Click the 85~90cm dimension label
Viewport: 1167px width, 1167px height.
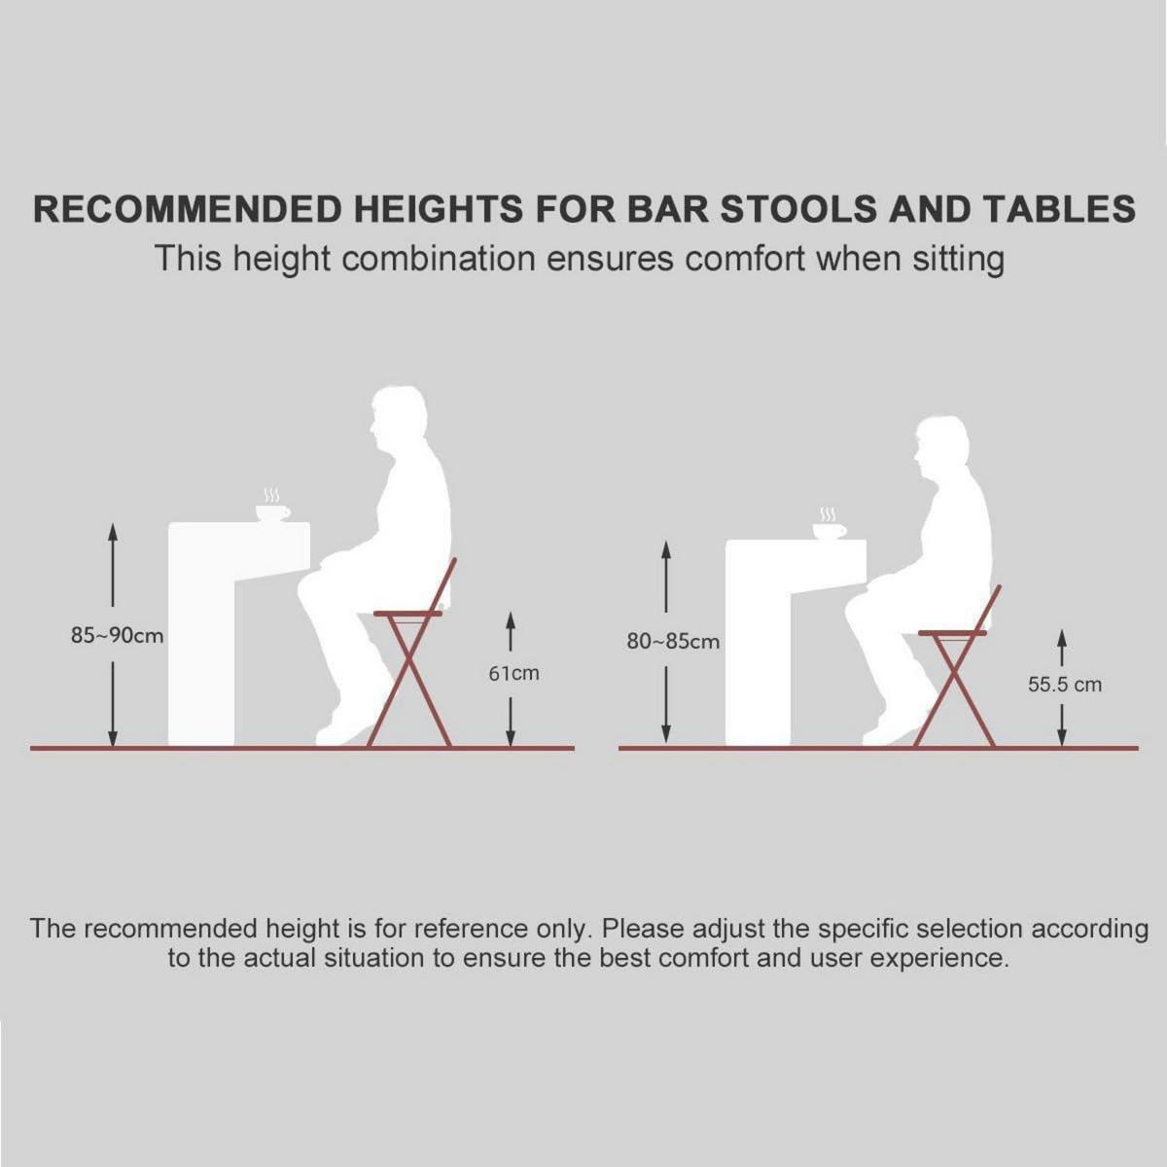tap(117, 636)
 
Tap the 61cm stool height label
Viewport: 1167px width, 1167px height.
tap(513, 673)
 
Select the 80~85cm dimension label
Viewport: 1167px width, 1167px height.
tap(673, 641)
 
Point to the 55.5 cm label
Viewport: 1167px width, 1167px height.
tap(1064, 685)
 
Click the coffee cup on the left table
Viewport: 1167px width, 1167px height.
tap(272, 513)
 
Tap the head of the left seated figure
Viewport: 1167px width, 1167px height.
tap(398, 419)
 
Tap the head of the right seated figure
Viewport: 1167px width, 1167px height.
tap(941, 446)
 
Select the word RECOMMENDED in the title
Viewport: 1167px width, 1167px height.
tap(187, 209)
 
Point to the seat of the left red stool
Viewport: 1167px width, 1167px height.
tap(407, 614)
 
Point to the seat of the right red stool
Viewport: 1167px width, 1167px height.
tap(953, 633)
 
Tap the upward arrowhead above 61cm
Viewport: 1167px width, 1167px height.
tap(510, 620)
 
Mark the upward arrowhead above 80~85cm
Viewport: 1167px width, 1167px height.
tap(666, 550)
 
